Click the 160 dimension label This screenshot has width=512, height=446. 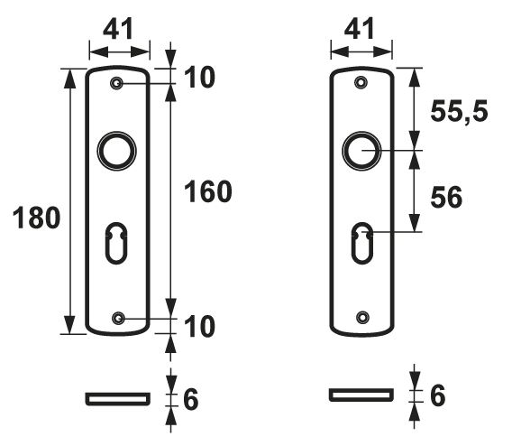point(208,190)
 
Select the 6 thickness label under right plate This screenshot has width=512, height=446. point(436,395)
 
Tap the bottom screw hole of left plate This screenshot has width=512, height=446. point(118,318)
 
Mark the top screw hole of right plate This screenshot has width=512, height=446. point(361,83)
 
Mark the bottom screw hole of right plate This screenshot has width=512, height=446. point(361,318)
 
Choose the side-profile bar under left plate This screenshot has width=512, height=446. point(117,397)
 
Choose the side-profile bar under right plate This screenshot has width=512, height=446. point(361,395)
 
